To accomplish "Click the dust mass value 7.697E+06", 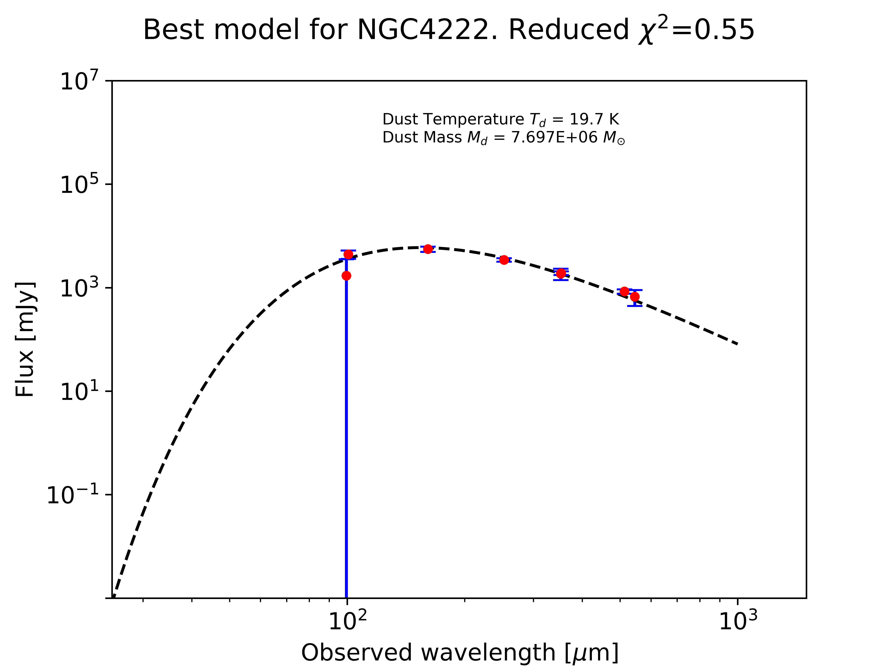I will point(554,138).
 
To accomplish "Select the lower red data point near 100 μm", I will point(346,276).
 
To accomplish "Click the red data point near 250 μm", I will point(504,260).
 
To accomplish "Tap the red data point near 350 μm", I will point(561,273).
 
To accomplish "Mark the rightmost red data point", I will point(635,297).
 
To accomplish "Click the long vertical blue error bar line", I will point(346,446).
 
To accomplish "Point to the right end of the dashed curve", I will point(737,344).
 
